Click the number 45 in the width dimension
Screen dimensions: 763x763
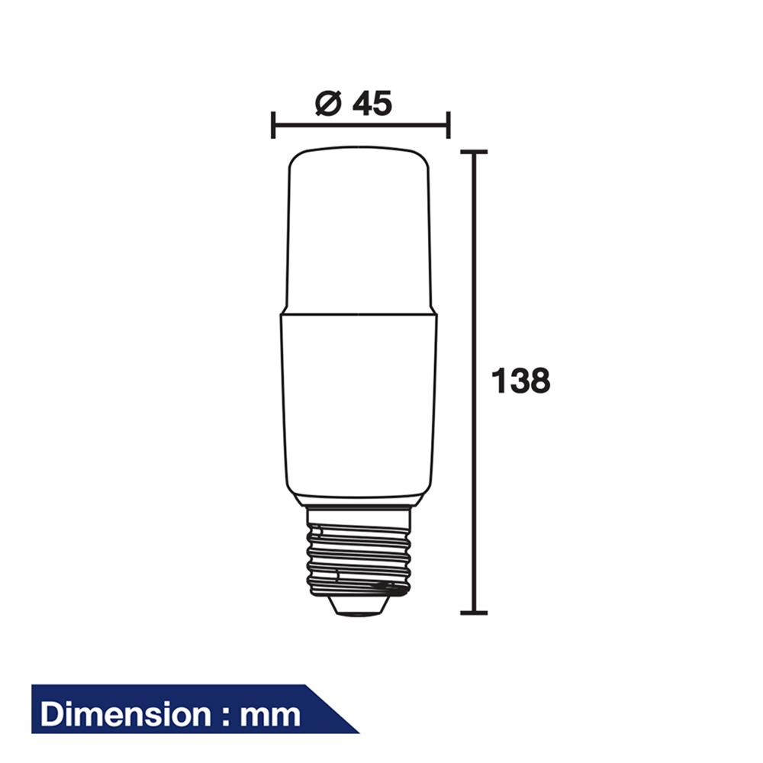pyautogui.click(x=372, y=104)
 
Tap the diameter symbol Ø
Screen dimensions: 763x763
pyautogui.click(x=327, y=104)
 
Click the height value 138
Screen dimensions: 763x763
pyautogui.click(x=520, y=381)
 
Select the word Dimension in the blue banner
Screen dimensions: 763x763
pyautogui.click(x=124, y=715)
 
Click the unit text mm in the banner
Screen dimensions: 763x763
pyautogui.click(x=270, y=716)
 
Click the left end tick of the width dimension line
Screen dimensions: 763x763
pyautogui.click(x=273, y=124)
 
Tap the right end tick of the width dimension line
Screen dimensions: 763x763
pyautogui.click(x=449, y=124)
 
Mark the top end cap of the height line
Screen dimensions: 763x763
pyautogui.click(x=474, y=153)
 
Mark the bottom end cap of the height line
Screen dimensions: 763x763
pyautogui.click(x=474, y=612)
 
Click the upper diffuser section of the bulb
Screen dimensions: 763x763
pyautogui.click(x=359, y=229)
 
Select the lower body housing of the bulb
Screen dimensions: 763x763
pyautogui.click(x=359, y=404)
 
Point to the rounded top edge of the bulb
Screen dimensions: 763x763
pyautogui.click(x=359, y=150)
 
